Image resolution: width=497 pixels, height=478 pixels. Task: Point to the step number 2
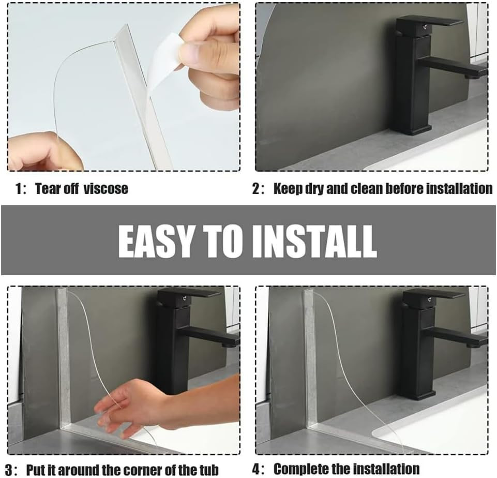[x=256, y=189]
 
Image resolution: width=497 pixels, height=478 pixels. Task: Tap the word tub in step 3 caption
[x=209, y=469]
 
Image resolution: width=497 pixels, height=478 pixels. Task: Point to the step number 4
[x=256, y=469]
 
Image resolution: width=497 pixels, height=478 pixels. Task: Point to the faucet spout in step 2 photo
[x=453, y=67]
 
